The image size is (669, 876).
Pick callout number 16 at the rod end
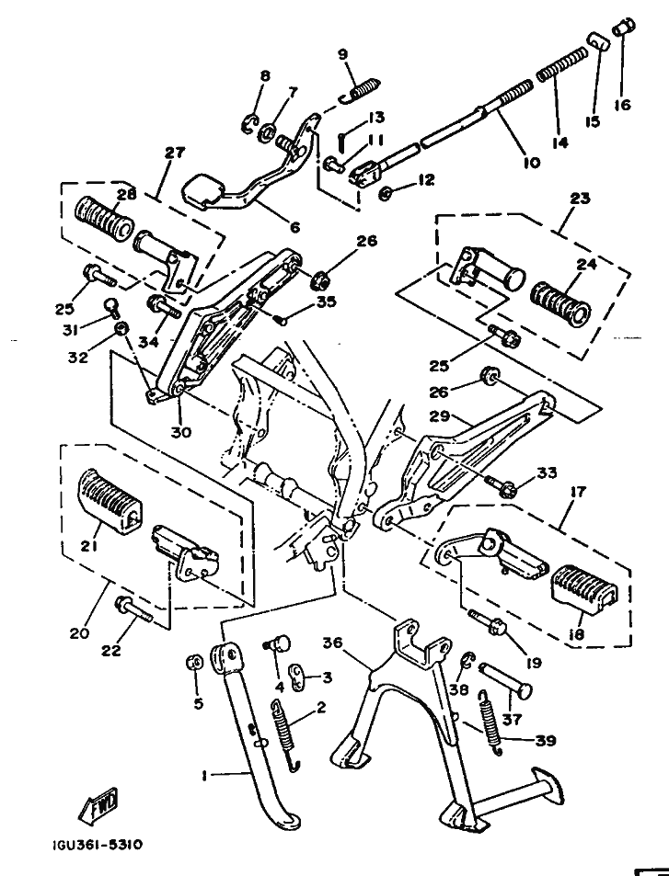[623, 105]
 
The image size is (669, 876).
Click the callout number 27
[174, 153]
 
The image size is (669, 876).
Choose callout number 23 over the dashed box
[579, 198]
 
